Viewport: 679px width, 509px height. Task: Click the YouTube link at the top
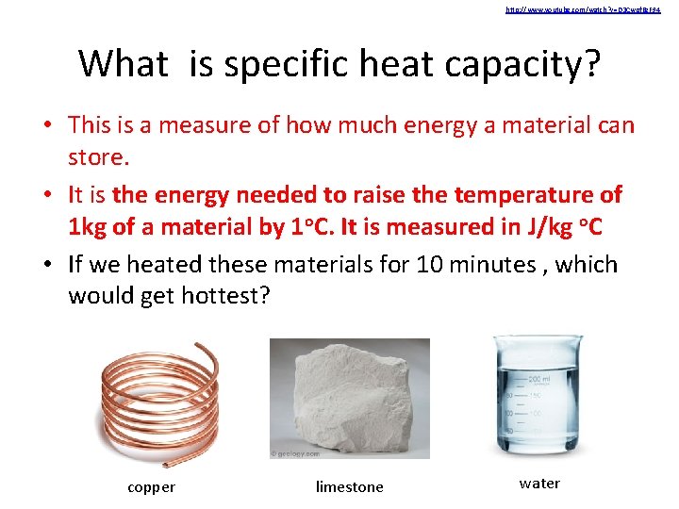click(x=582, y=9)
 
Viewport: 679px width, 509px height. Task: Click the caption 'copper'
click(x=151, y=487)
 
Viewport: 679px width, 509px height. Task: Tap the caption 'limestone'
click(x=349, y=487)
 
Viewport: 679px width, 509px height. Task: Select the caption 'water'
click(x=539, y=484)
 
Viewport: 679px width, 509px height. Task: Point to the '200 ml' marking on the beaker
click(x=541, y=377)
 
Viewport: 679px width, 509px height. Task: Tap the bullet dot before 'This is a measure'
click(x=53, y=125)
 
